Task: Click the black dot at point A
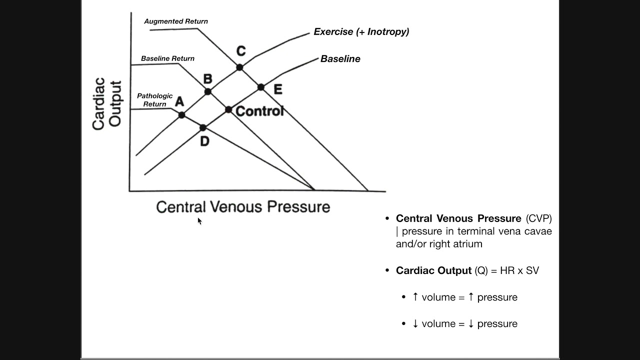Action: (x=181, y=115)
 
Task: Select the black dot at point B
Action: (x=208, y=91)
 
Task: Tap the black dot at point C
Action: (x=239, y=67)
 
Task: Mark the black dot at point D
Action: (x=202, y=128)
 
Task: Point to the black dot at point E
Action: (x=260, y=87)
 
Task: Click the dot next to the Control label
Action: (x=228, y=109)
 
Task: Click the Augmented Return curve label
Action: (x=176, y=21)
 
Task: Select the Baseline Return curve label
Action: (x=167, y=58)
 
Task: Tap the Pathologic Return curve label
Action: (x=154, y=100)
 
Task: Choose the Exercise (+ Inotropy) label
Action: (x=361, y=32)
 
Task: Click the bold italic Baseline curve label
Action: (x=340, y=59)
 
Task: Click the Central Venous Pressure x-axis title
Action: (x=243, y=207)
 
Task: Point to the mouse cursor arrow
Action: (x=199, y=220)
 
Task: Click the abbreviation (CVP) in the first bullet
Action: (x=538, y=218)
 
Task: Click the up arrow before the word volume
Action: (x=415, y=297)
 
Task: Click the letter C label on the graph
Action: (x=241, y=51)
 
